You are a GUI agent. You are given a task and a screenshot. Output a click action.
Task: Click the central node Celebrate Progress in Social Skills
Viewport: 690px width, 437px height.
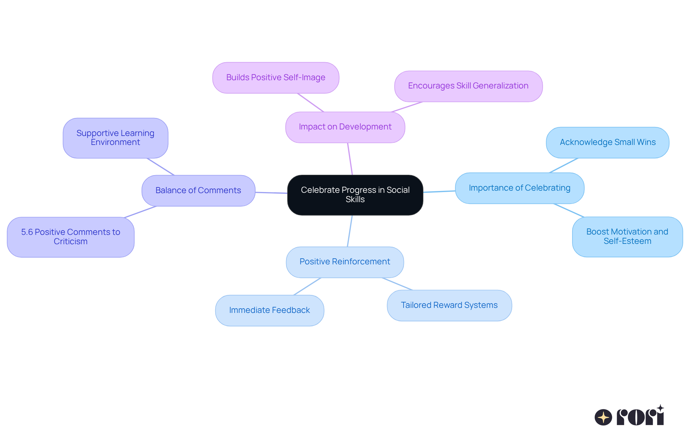coord(355,195)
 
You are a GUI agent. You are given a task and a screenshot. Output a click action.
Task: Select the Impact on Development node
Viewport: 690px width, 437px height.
coord(345,127)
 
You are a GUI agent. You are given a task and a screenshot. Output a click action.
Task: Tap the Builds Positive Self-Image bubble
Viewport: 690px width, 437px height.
coord(276,78)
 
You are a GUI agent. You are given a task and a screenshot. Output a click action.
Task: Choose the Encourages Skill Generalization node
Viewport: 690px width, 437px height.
coord(468,86)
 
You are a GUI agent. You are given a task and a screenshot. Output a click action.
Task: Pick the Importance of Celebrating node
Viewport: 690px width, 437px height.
coord(519,188)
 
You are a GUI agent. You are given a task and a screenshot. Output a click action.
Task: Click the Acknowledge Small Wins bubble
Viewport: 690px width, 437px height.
coord(607,142)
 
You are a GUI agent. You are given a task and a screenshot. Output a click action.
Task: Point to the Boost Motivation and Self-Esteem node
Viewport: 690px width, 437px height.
coord(627,237)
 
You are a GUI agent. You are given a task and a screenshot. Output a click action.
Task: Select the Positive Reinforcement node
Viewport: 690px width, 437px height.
coord(345,262)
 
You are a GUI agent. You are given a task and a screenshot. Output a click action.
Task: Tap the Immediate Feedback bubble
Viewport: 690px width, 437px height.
coord(270,310)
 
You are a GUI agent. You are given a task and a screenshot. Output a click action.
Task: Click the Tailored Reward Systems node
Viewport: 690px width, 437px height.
coord(449,305)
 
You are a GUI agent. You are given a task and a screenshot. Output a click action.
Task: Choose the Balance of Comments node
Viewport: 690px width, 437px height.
coord(198,191)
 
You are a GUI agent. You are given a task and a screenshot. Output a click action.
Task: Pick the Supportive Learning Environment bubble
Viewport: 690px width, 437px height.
coord(115,138)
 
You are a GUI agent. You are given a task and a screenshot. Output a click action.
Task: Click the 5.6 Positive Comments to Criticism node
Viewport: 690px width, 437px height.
coord(70,237)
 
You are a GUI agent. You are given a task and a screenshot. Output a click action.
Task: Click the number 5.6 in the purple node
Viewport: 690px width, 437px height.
coord(27,232)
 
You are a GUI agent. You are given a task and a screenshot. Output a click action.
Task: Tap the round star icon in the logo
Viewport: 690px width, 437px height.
coord(603,417)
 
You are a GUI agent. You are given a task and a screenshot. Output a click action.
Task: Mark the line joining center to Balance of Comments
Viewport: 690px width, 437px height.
coord(271,193)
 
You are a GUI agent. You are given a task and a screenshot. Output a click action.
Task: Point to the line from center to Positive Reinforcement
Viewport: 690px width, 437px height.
coord(350,231)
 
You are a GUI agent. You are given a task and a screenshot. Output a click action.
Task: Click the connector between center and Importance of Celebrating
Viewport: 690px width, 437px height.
coord(439,192)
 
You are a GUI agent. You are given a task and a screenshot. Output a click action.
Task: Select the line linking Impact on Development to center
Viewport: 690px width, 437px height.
coord(350,159)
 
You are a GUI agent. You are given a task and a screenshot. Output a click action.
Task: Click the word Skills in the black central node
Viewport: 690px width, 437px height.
coord(355,200)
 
